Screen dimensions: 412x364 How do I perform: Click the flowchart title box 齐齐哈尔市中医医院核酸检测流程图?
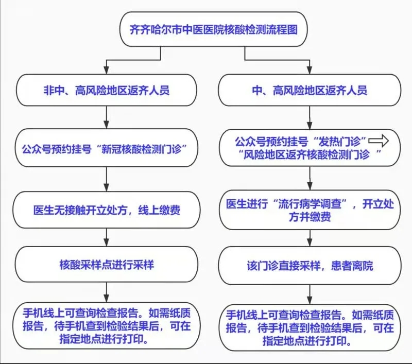coord(213,29)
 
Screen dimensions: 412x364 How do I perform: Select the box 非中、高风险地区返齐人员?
coord(107,90)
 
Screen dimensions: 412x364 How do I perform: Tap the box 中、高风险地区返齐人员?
coord(310,90)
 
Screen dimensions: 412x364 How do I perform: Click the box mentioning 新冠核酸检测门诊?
coord(107,148)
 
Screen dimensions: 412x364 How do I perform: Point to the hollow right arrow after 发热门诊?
coord(379,141)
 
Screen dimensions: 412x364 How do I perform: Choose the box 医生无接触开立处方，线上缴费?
coord(107,210)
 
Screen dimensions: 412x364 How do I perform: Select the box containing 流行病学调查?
coord(310,210)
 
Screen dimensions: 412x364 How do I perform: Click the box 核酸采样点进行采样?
coord(107,265)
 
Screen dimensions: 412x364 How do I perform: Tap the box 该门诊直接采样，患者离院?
coord(310,266)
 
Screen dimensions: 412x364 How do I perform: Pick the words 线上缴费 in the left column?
coord(159,210)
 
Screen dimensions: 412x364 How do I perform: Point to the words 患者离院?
coord(352,266)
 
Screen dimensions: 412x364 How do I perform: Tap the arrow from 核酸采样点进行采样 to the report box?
coord(107,292)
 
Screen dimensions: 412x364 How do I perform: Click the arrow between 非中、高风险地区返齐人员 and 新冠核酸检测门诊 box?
coord(107,117)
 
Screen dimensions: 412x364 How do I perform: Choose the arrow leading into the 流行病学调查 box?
coord(310,178)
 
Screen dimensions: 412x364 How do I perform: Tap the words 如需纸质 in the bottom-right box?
coord(373,315)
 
